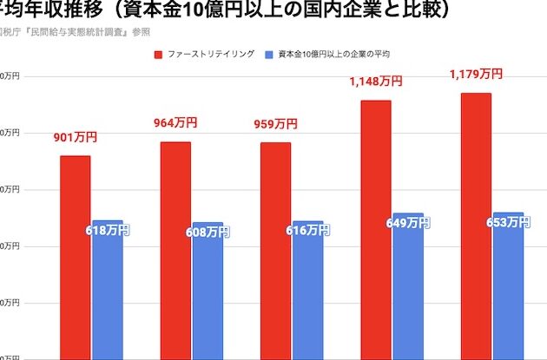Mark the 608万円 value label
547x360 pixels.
click(x=208, y=232)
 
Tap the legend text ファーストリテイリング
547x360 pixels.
click(x=211, y=54)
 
